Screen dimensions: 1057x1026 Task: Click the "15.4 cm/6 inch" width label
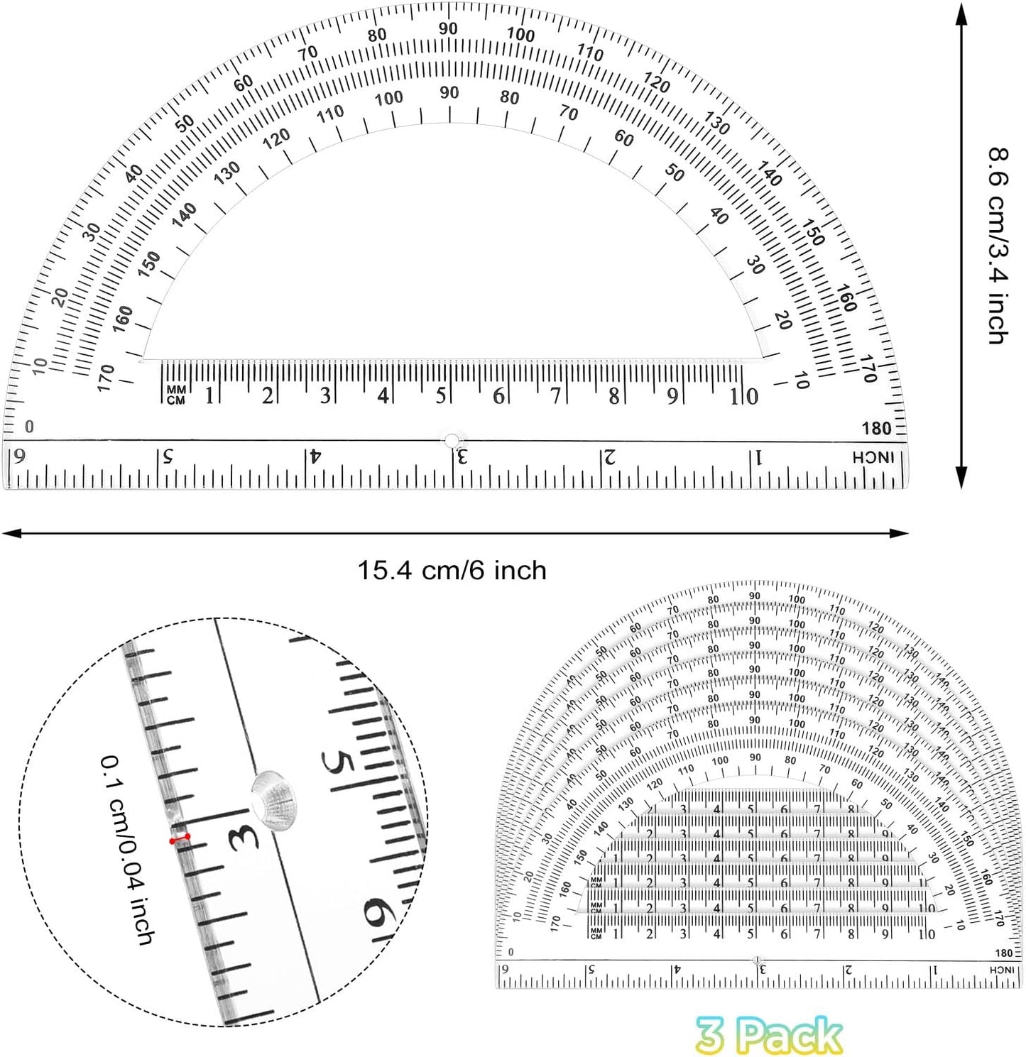point(452,570)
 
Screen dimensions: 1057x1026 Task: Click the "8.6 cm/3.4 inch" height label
point(998,246)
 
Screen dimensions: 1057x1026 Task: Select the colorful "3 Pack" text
point(769,1036)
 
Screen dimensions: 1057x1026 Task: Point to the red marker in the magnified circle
point(180,839)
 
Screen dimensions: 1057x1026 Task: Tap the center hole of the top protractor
point(452,441)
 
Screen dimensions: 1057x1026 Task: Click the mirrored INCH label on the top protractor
point(873,458)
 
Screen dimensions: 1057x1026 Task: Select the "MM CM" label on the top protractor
point(175,395)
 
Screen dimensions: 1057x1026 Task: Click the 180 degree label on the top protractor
point(876,428)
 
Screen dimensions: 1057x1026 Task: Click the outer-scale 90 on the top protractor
point(448,29)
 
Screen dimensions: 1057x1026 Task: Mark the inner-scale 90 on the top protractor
point(449,92)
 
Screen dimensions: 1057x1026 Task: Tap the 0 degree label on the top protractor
point(29,427)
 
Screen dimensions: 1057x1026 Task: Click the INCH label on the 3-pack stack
point(1002,970)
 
